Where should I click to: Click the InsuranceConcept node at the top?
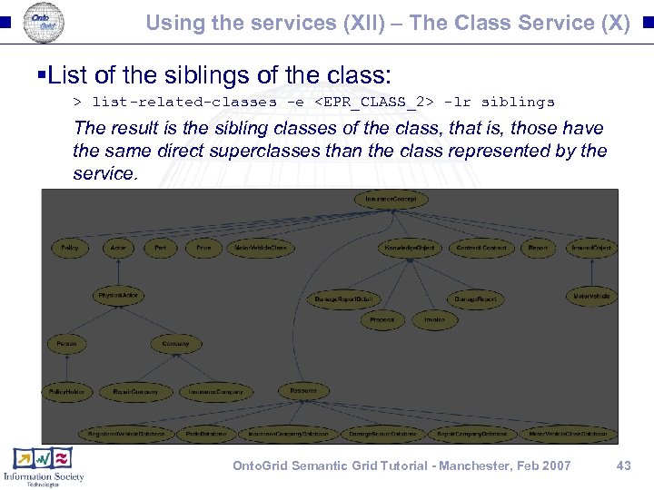(x=390, y=199)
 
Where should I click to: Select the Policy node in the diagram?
(x=69, y=248)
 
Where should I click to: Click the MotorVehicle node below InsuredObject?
(x=591, y=297)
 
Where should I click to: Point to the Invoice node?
(x=434, y=320)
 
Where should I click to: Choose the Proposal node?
(x=381, y=320)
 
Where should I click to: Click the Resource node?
(x=303, y=391)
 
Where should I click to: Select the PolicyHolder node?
(x=66, y=392)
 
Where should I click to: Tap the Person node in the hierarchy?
(x=66, y=344)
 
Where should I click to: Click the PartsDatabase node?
(x=206, y=434)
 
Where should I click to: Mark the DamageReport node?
(x=473, y=299)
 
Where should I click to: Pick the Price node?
(x=203, y=248)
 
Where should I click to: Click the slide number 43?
(x=622, y=465)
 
